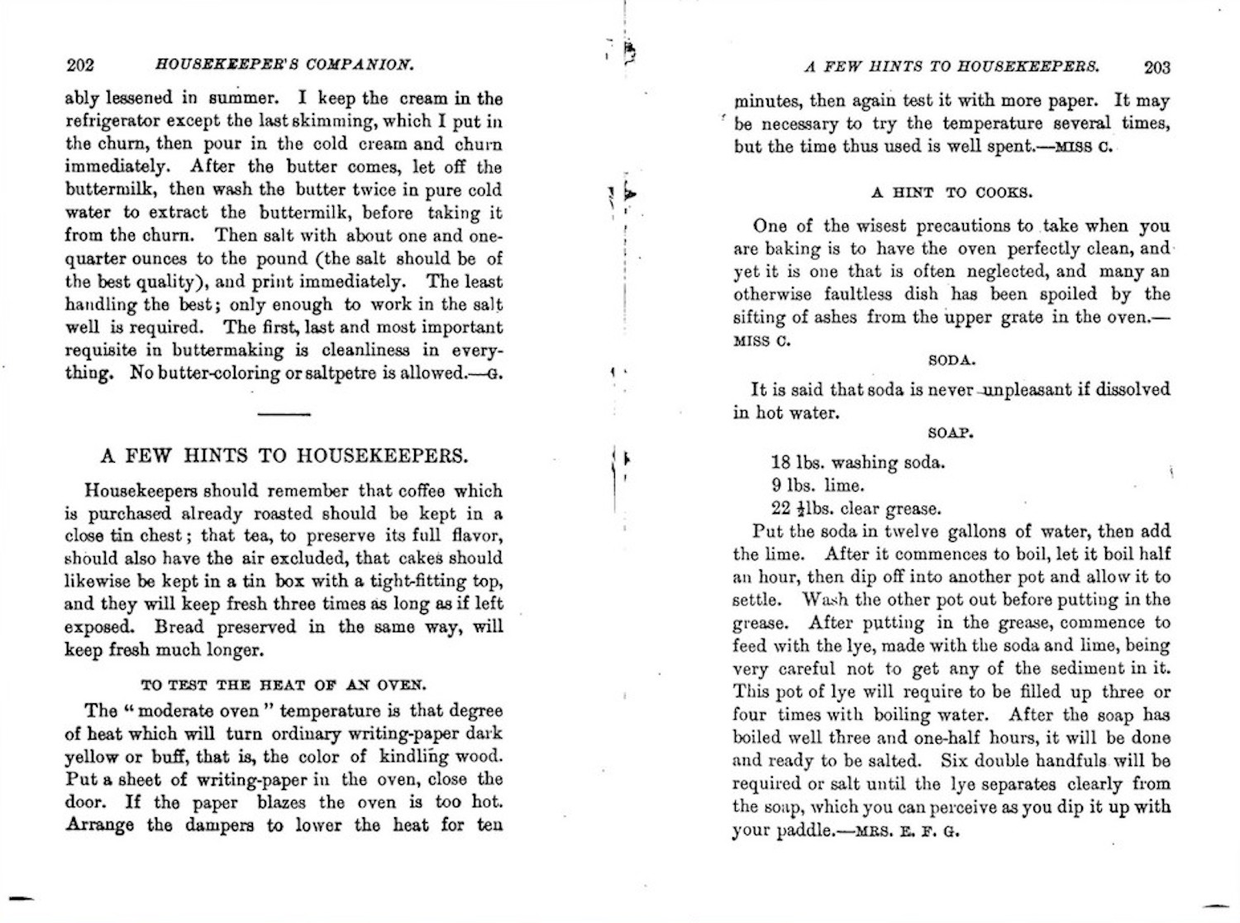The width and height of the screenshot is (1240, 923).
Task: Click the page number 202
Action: click(x=80, y=65)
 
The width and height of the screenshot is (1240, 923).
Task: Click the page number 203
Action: click(x=1157, y=67)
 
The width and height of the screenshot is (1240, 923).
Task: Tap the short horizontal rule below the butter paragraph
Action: click(x=284, y=413)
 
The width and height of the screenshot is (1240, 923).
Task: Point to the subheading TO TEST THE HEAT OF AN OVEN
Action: click(x=284, y=685)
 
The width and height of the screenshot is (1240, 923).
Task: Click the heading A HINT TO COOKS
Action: click(x=951, y=193)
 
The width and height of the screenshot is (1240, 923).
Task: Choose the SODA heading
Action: click(x=951, y=360)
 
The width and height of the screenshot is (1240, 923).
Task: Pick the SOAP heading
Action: click(x=951, y=432)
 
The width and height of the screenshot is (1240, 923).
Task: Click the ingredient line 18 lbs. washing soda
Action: click(x=857, y=463)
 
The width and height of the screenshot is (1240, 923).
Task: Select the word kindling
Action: click(x=417, y=757)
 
